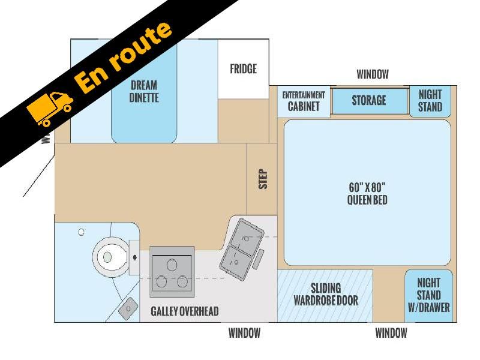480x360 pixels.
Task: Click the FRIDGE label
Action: (244, 69)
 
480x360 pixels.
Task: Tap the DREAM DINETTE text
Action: (144, 91)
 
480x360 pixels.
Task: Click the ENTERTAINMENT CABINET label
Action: (304, 101)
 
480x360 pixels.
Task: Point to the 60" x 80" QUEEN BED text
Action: (367, 193)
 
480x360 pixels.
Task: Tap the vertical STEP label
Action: (263, 179)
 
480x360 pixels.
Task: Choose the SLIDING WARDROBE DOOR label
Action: (326, 295)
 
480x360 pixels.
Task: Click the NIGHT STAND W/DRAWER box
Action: (428, 296)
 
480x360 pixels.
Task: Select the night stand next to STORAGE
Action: (430, 101)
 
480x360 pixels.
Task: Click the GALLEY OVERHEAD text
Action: (185, 311)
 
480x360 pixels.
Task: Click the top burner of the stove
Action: (172, 265)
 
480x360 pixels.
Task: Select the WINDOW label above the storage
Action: (373, 74)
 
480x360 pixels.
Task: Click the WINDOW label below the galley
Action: (244, 333)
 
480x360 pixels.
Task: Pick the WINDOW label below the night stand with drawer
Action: (391, 333)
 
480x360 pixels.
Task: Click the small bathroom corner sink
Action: (128, 308)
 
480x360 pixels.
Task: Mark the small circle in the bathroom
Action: (81, 232)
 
